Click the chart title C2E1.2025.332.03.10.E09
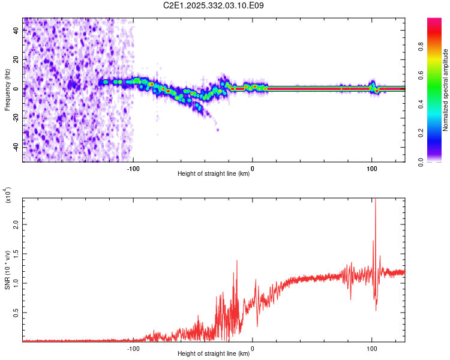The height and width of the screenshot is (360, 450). (214, 5)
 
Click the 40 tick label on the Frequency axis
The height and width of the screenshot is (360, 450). (16, 32)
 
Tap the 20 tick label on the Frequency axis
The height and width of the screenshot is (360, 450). (16, 60)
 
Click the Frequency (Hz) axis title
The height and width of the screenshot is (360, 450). (7, 89)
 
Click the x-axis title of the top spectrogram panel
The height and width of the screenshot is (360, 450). (214, 174)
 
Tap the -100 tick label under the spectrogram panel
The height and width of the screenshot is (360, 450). (133, 168)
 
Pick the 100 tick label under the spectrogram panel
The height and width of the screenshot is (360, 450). (371, 168)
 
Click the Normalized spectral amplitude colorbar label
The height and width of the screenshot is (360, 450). (446, 90)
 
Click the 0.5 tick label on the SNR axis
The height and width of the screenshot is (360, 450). (16, 313)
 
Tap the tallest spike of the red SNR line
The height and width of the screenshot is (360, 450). (376, 202)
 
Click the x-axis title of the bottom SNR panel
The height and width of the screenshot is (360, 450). (214, 354)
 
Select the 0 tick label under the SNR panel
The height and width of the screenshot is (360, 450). (252, 348)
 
